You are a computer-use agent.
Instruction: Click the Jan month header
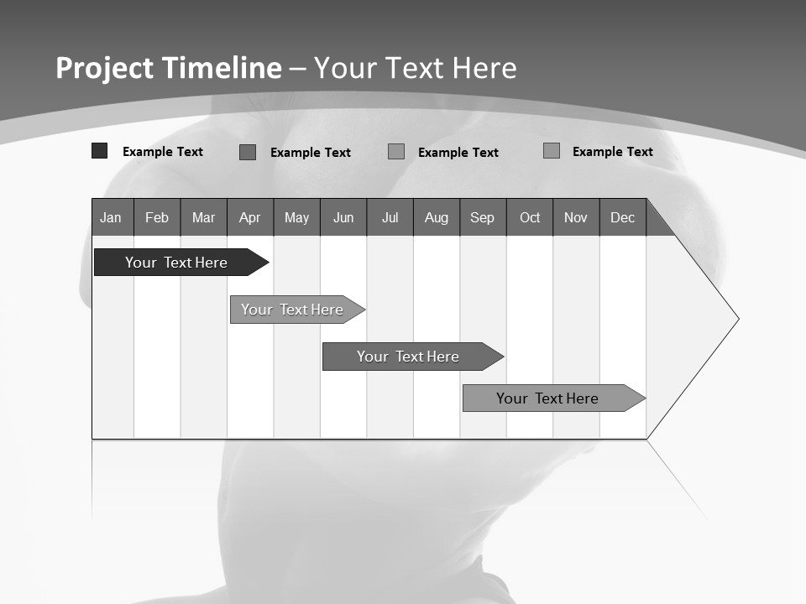pos(111,217)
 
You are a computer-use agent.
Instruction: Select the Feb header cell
pos(157,217)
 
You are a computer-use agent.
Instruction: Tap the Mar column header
pos(203,217)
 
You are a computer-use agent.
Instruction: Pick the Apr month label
pos(249,217)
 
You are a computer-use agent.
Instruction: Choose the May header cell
pos(296,217)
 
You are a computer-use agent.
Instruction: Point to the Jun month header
pos(343,217)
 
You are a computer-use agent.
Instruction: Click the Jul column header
pos(390,217)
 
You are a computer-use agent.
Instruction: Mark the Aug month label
pos(437,217)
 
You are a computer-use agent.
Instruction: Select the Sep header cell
pos(482,217)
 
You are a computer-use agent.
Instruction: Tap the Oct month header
pos(530,217)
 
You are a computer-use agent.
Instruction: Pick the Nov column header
pos(576,217)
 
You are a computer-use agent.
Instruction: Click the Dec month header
pos(622,217)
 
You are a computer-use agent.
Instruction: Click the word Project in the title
pos(104,68)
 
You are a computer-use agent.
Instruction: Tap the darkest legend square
pos(99,151)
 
